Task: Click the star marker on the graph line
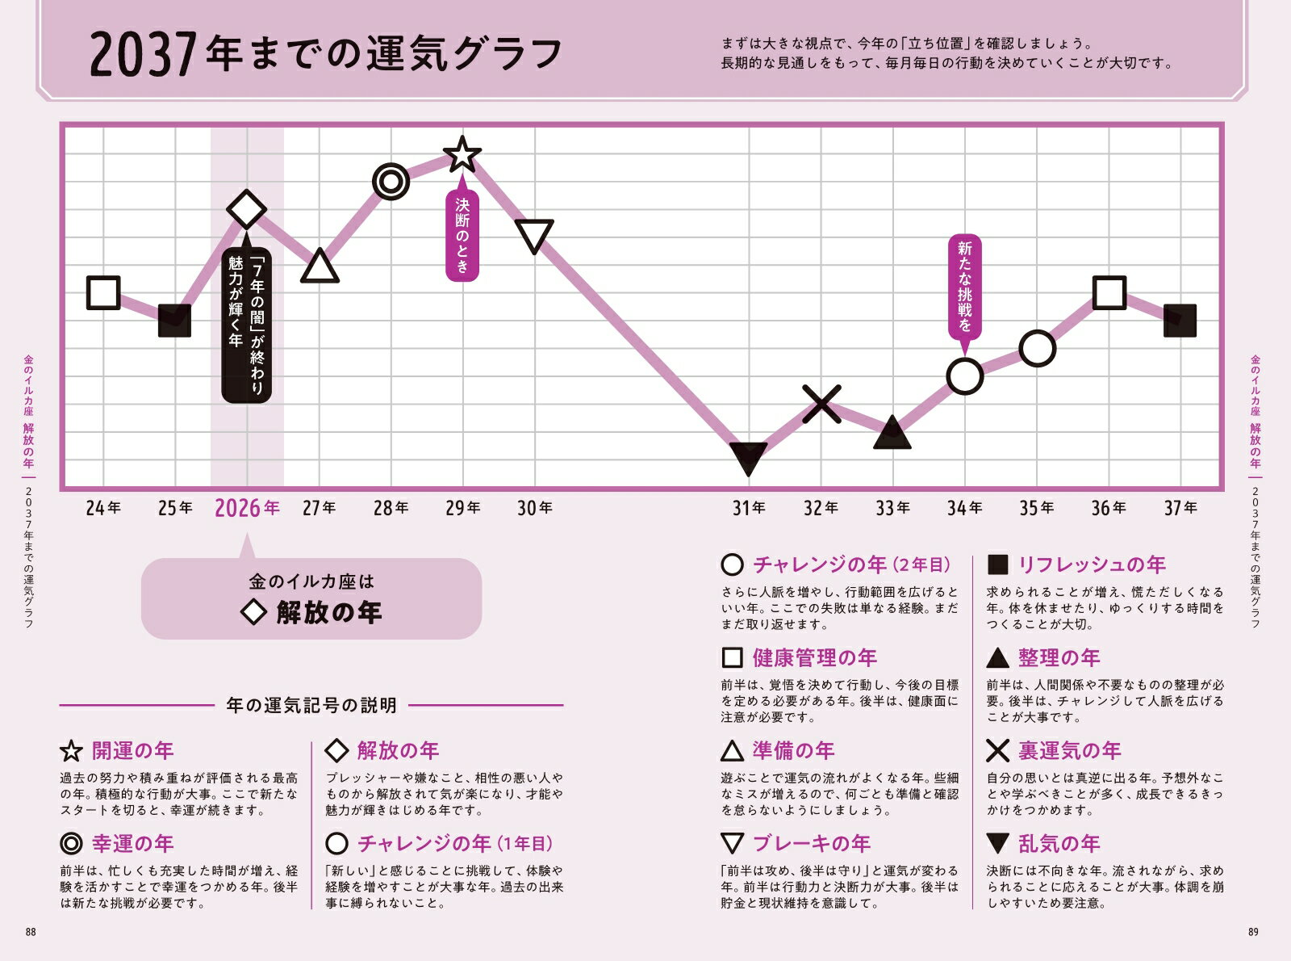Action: pyautogui.click(x=462, y=153)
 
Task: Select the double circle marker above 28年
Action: pyautogui.click(x=391, y=182)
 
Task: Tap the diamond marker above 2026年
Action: pyautogui.click(x=247, y=210)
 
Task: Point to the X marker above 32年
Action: pyautogui.click(x=821, y=404)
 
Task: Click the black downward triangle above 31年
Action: pyautogui.click(x=748, y=458)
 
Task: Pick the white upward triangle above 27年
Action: pyautogui.click(x=320, y=266)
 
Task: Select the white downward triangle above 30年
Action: pyautogui.click(x=534, y=236)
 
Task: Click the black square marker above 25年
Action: pyautogui.click(x=174, y=321)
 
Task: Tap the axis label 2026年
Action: pyautogui.click(x=247, y=508)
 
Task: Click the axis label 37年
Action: pyautogui.click(x=1180, y=508)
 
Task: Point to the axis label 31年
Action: pyautogui.click(x=749, y=508)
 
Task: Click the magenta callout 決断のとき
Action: pyautogui.click(x=462, y=236)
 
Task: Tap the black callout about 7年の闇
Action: pyautogui.click(x=247, y=325)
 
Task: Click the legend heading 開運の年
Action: pyautogui.click(x=132, y=751)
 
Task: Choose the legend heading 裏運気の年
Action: pyautogui.click(x=1069, y=751)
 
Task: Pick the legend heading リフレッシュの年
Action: pyautogui.click(x=1092, y=564)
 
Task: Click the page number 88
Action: pyautogui.click(x=31, y=932)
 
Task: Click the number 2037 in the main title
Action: pyautogui.click(x=143, y=55)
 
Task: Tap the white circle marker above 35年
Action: pyautogui.click(x=1037, y=349)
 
